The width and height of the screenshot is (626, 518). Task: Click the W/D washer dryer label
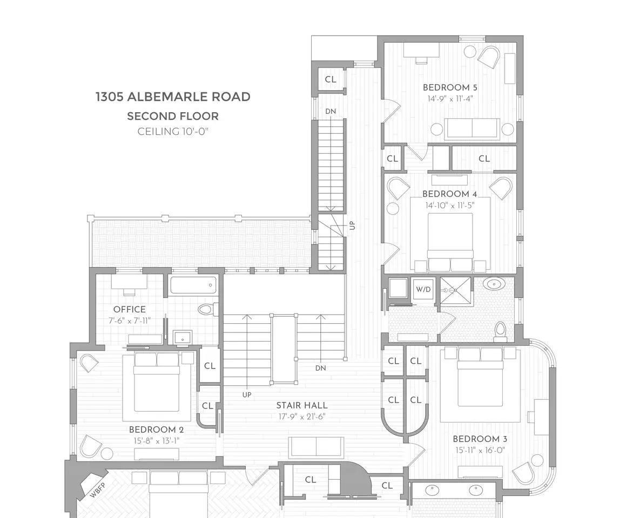point(423,289)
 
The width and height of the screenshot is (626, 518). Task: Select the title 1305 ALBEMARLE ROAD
point(173,97)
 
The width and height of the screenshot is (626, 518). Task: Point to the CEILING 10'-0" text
point(173,132)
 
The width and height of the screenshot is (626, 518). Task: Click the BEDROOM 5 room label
point(450,87)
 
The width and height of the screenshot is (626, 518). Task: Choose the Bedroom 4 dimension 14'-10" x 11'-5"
point(450,206)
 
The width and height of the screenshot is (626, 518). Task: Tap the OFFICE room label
point(129,309)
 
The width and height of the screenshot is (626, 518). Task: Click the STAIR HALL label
point(302,406)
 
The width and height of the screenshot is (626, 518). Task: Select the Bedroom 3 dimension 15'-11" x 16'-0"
point(480,450)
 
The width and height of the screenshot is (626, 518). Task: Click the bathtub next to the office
point(193,285)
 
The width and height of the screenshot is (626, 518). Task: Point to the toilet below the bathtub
point(208,309)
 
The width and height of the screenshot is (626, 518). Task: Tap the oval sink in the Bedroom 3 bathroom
point(494,284)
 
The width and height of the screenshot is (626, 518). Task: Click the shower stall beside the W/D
point(455,291)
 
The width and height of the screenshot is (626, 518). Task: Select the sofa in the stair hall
point(316,447)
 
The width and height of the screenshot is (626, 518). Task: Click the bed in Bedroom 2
point(156,383)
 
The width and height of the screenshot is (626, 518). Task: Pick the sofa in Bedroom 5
point(472,128)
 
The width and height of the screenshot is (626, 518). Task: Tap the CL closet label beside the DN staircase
point(331,79)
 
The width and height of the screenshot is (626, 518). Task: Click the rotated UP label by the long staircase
point(352,226)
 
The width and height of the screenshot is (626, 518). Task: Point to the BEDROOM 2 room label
point(156,430)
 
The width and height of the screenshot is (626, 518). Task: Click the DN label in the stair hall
point(321,368)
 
